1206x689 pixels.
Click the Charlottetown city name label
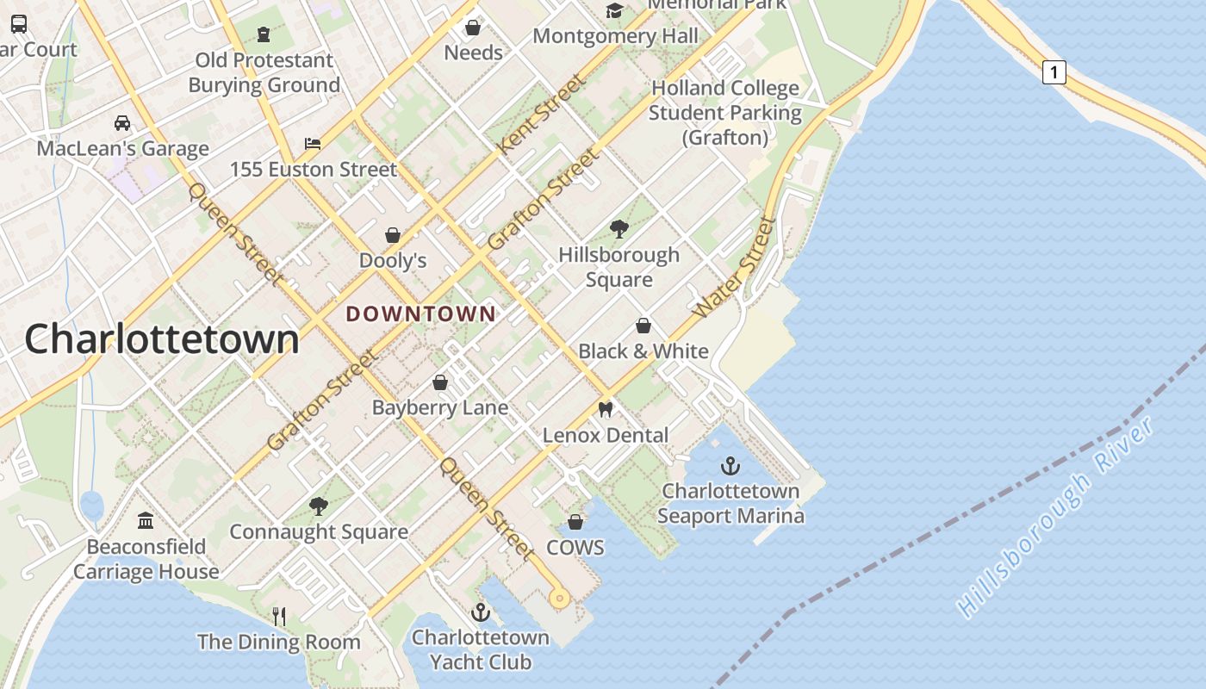pyautogui.click(x=162, y=338)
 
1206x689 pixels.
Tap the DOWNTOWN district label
pyautogui.click(x=421, y=314)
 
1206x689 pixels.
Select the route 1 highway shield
pyautogui.click(x=1054, y=72)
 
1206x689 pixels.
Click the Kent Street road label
pyautogui.click(x=542, y=115)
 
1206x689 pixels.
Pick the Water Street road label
pyautogui.click(x=735, y=268)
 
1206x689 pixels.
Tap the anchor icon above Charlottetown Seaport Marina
pyautogui.click(x=730, y=467)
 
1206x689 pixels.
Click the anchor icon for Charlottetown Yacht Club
pyautogui.click(x=481, y=612)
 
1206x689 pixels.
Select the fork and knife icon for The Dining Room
pyautogui.click(x=279, y=616)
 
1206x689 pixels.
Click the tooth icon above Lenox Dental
pyautogui.click(x=606, y=410)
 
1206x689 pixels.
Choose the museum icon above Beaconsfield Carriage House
pyautogui.click(x=146, y=521)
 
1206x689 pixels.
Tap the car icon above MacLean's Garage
pyautogui.click(x=122, y=123)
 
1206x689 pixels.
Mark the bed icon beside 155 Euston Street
pyautogui.click(x=313, y=144)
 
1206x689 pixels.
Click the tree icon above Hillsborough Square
pyautogui.click(x=619, y=229)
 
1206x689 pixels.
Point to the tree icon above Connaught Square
pyautogui.click(x=319, y=506)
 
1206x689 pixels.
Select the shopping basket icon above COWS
pyautogui.click(x=575, y=523)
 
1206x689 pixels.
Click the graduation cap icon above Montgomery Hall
pyautogui.click(x=614, y=10)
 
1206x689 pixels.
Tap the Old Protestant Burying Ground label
pyautogui.click(x=264, y=72)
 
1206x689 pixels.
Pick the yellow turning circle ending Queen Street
pyautogui.click(x=559, y=598)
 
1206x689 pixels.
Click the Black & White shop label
pyautogui.click(x=643, y=351)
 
